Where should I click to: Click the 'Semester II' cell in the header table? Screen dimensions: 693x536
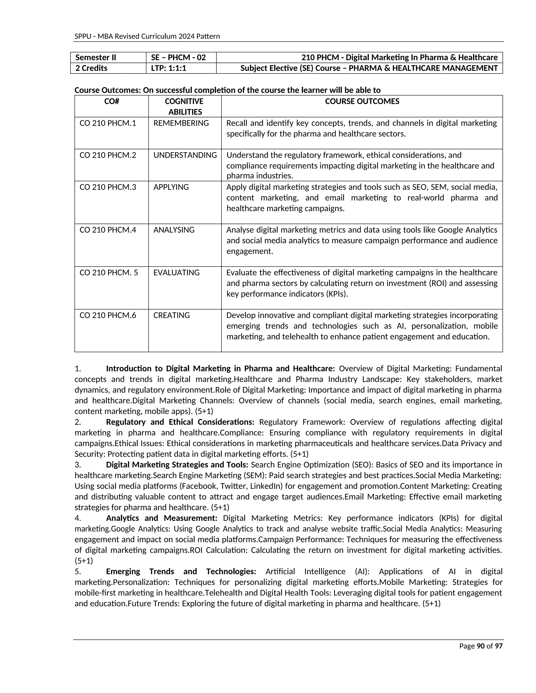pos(96,58)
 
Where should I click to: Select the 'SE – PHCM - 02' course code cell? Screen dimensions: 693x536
pos(178,58)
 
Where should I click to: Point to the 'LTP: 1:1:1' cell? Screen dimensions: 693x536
pos(168,68)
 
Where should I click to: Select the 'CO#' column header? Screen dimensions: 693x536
pos(111,101)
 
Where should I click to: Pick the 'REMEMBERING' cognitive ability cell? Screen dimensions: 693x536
pos(181,123)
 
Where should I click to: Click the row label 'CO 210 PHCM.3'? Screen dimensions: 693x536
pos(108,187)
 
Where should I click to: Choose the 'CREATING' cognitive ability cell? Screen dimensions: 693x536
pos(171,315)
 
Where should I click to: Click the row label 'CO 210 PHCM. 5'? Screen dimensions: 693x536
pos(109,272)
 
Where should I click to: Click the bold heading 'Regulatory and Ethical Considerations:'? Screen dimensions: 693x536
pos(180,422)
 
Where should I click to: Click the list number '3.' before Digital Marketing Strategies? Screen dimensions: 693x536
pos(78,465)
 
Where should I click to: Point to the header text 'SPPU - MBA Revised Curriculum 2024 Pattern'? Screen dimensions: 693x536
pos(147,36)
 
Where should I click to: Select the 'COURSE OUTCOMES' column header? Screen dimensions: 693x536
pos(362,101)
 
